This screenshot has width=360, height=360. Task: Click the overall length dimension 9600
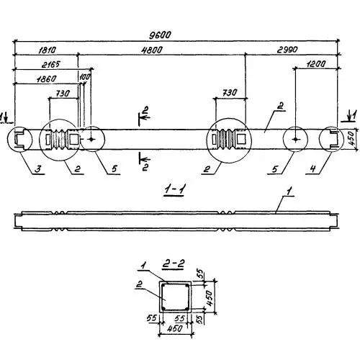tap(160, 35)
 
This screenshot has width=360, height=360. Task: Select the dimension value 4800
tap(152, 50)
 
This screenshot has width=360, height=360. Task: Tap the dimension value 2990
tap(287, 50)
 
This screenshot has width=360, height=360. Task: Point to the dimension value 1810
tap(48, 50)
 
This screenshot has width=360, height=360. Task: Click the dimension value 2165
tap(51, 65)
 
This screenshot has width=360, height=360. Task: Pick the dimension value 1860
tap(47, 79)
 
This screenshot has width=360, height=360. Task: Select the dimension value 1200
tap(316, 64)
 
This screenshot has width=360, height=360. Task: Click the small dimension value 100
tap(84, 77)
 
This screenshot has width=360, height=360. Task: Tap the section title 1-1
tap(174, 191)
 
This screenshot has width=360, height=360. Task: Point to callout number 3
tap(37, 169)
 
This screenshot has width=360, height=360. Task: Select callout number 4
tap(312, 169)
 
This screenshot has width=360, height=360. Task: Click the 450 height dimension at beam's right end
tap(352, 139)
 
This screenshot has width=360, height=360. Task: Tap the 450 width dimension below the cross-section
tap(175, 328)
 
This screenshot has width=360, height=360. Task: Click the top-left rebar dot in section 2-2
tap(163, 286)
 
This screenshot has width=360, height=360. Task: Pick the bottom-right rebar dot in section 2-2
tap(186, 308)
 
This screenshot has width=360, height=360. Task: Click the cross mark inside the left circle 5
tap(91, 139)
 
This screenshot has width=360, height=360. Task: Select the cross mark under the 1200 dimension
tap(295, 139)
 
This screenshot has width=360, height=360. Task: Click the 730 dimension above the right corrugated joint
tap(229, 93)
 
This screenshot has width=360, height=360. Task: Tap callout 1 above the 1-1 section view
tap(289, 192)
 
